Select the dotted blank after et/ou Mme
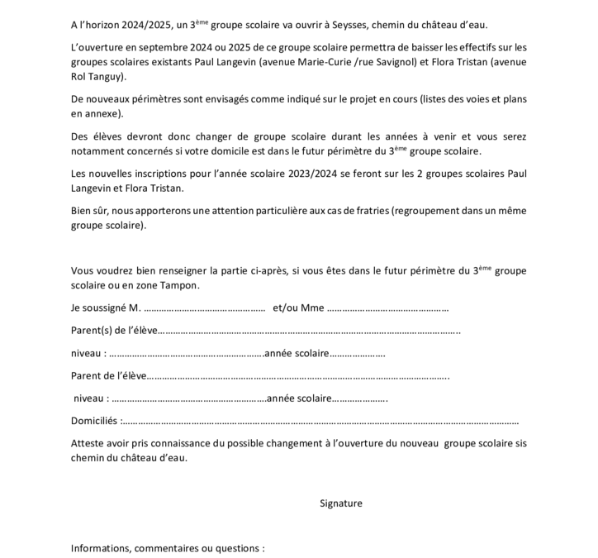pos(388,310)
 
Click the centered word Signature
pos(340,503)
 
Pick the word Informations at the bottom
pos(100,548)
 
